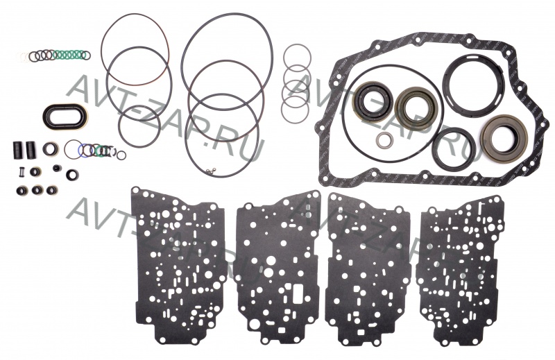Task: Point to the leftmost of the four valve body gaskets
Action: pos(178,264)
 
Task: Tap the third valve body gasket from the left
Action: pos(368,269)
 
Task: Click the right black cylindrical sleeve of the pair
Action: pos(30,150)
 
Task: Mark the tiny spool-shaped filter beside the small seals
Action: pos(19,173)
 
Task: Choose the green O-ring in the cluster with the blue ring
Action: pos(101,151)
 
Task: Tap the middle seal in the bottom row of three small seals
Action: pos(37,190)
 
